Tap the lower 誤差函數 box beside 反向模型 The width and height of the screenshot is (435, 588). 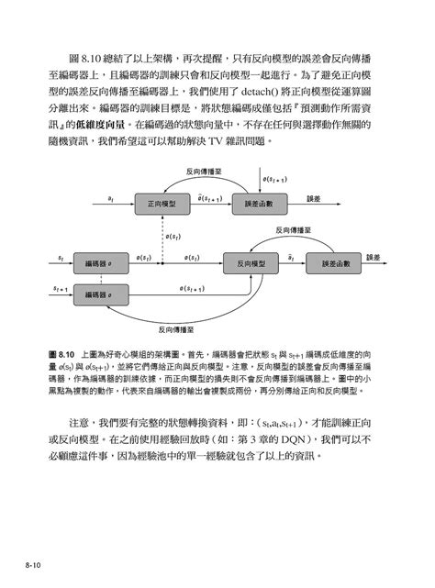(x=335, y=261)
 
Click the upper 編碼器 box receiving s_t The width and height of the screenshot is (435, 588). (x=94, y=261)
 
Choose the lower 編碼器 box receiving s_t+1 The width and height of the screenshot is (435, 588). (x=94, y=294)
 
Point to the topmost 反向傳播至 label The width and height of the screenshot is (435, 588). (x=201, y=171)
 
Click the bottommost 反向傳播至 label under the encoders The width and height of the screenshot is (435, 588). (x=174, y=327)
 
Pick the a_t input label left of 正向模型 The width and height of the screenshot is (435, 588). (x=111, y=195)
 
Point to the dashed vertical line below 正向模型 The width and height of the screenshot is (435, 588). (x=162, y=235)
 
